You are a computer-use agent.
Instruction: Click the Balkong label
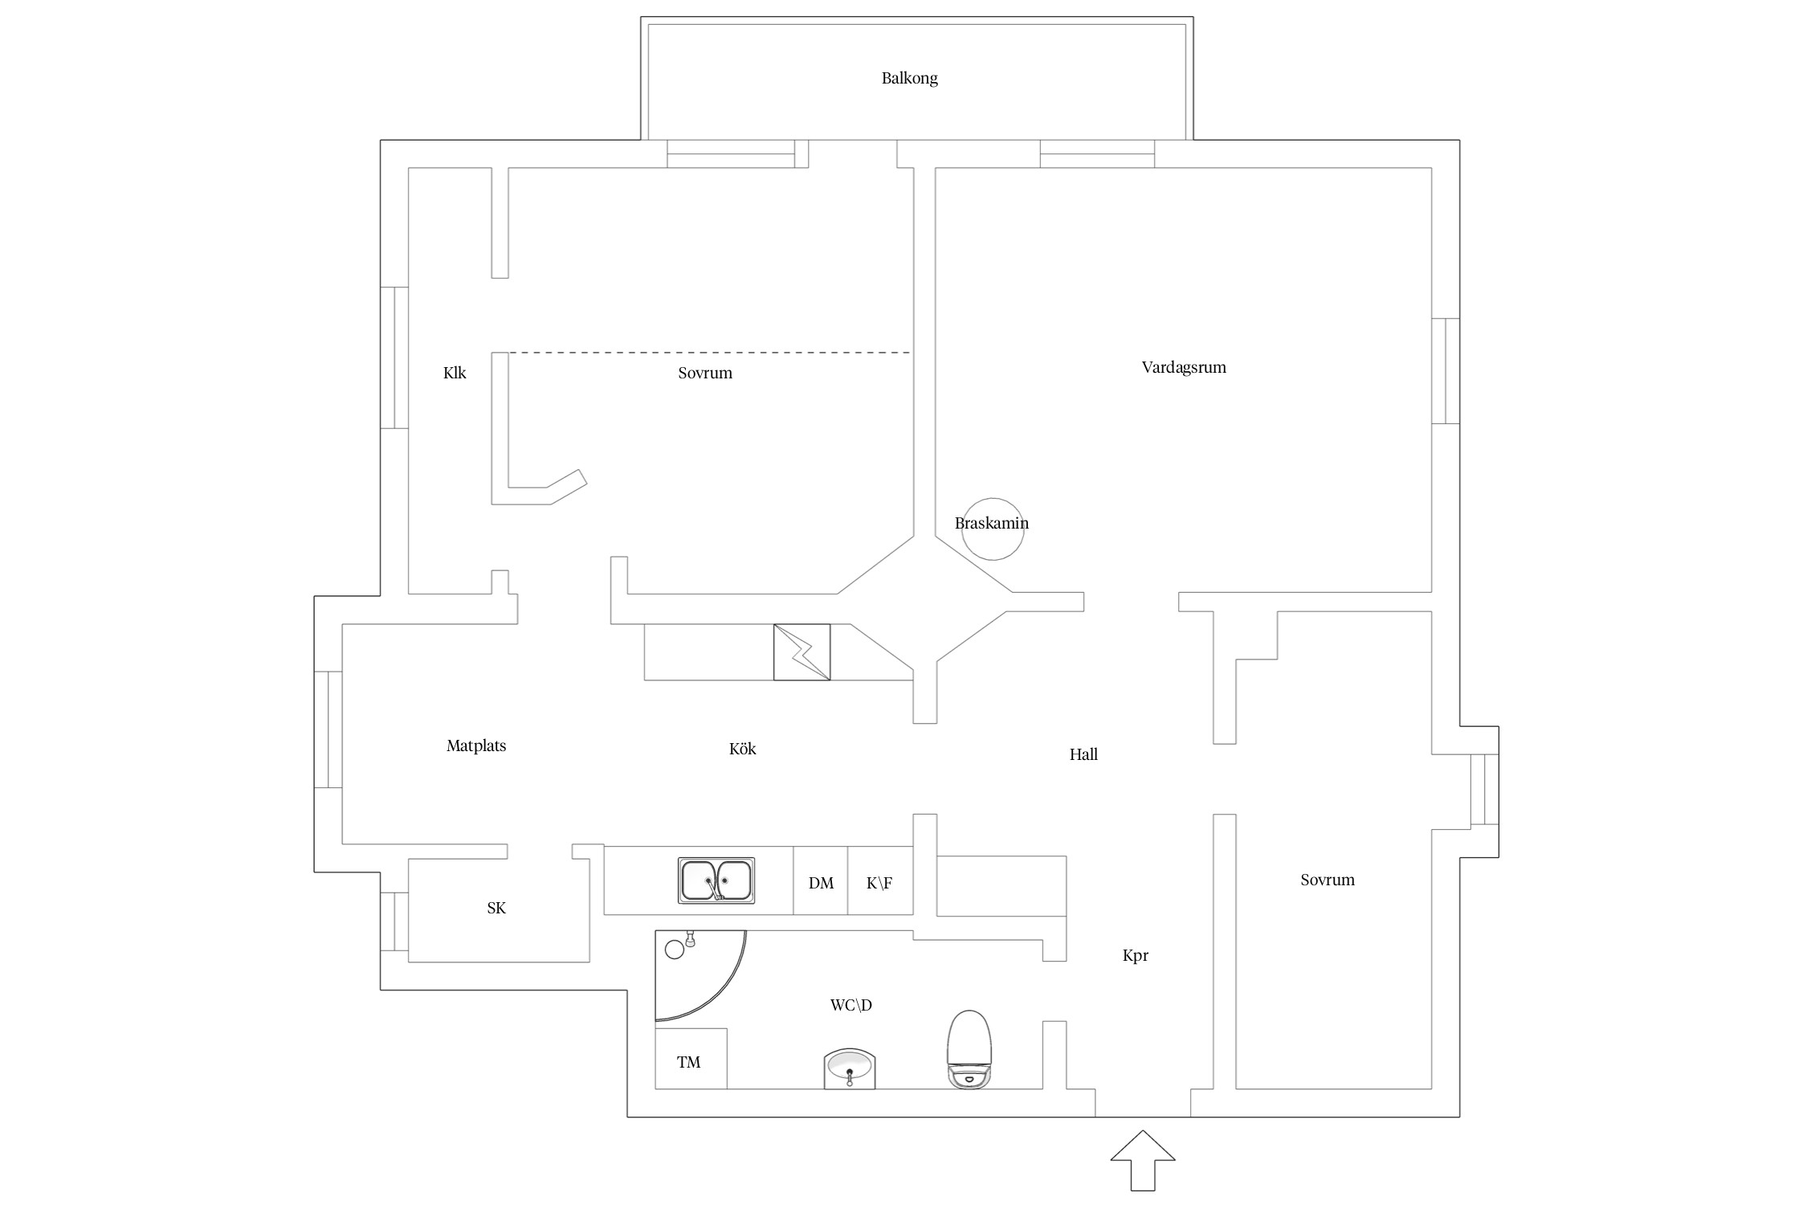pos(909,78)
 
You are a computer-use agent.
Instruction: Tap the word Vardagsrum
pos(1184,367)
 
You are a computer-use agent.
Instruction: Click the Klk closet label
pos(455,373)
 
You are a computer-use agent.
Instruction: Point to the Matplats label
pos(476,745)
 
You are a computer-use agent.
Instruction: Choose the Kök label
pos(743,749)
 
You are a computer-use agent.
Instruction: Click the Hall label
pos(1083,754)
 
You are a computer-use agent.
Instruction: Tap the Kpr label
pos(1136,955)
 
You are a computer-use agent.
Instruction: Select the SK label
pos(496,908)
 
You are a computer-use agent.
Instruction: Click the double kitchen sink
pos(716,880)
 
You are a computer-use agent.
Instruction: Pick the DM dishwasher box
pos(821,880)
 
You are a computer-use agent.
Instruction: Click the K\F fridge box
pos(880,880)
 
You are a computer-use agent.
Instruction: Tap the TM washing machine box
pos(691,1059)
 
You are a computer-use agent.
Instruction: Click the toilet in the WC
pos(969,1049)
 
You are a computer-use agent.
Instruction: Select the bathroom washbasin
pos(850,1068)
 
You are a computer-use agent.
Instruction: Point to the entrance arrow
pos(1143,1160)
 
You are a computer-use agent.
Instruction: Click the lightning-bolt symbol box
pos(802,652)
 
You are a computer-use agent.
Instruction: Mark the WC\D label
pos(851,1005)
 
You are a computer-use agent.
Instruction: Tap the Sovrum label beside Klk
pos(705,373)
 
